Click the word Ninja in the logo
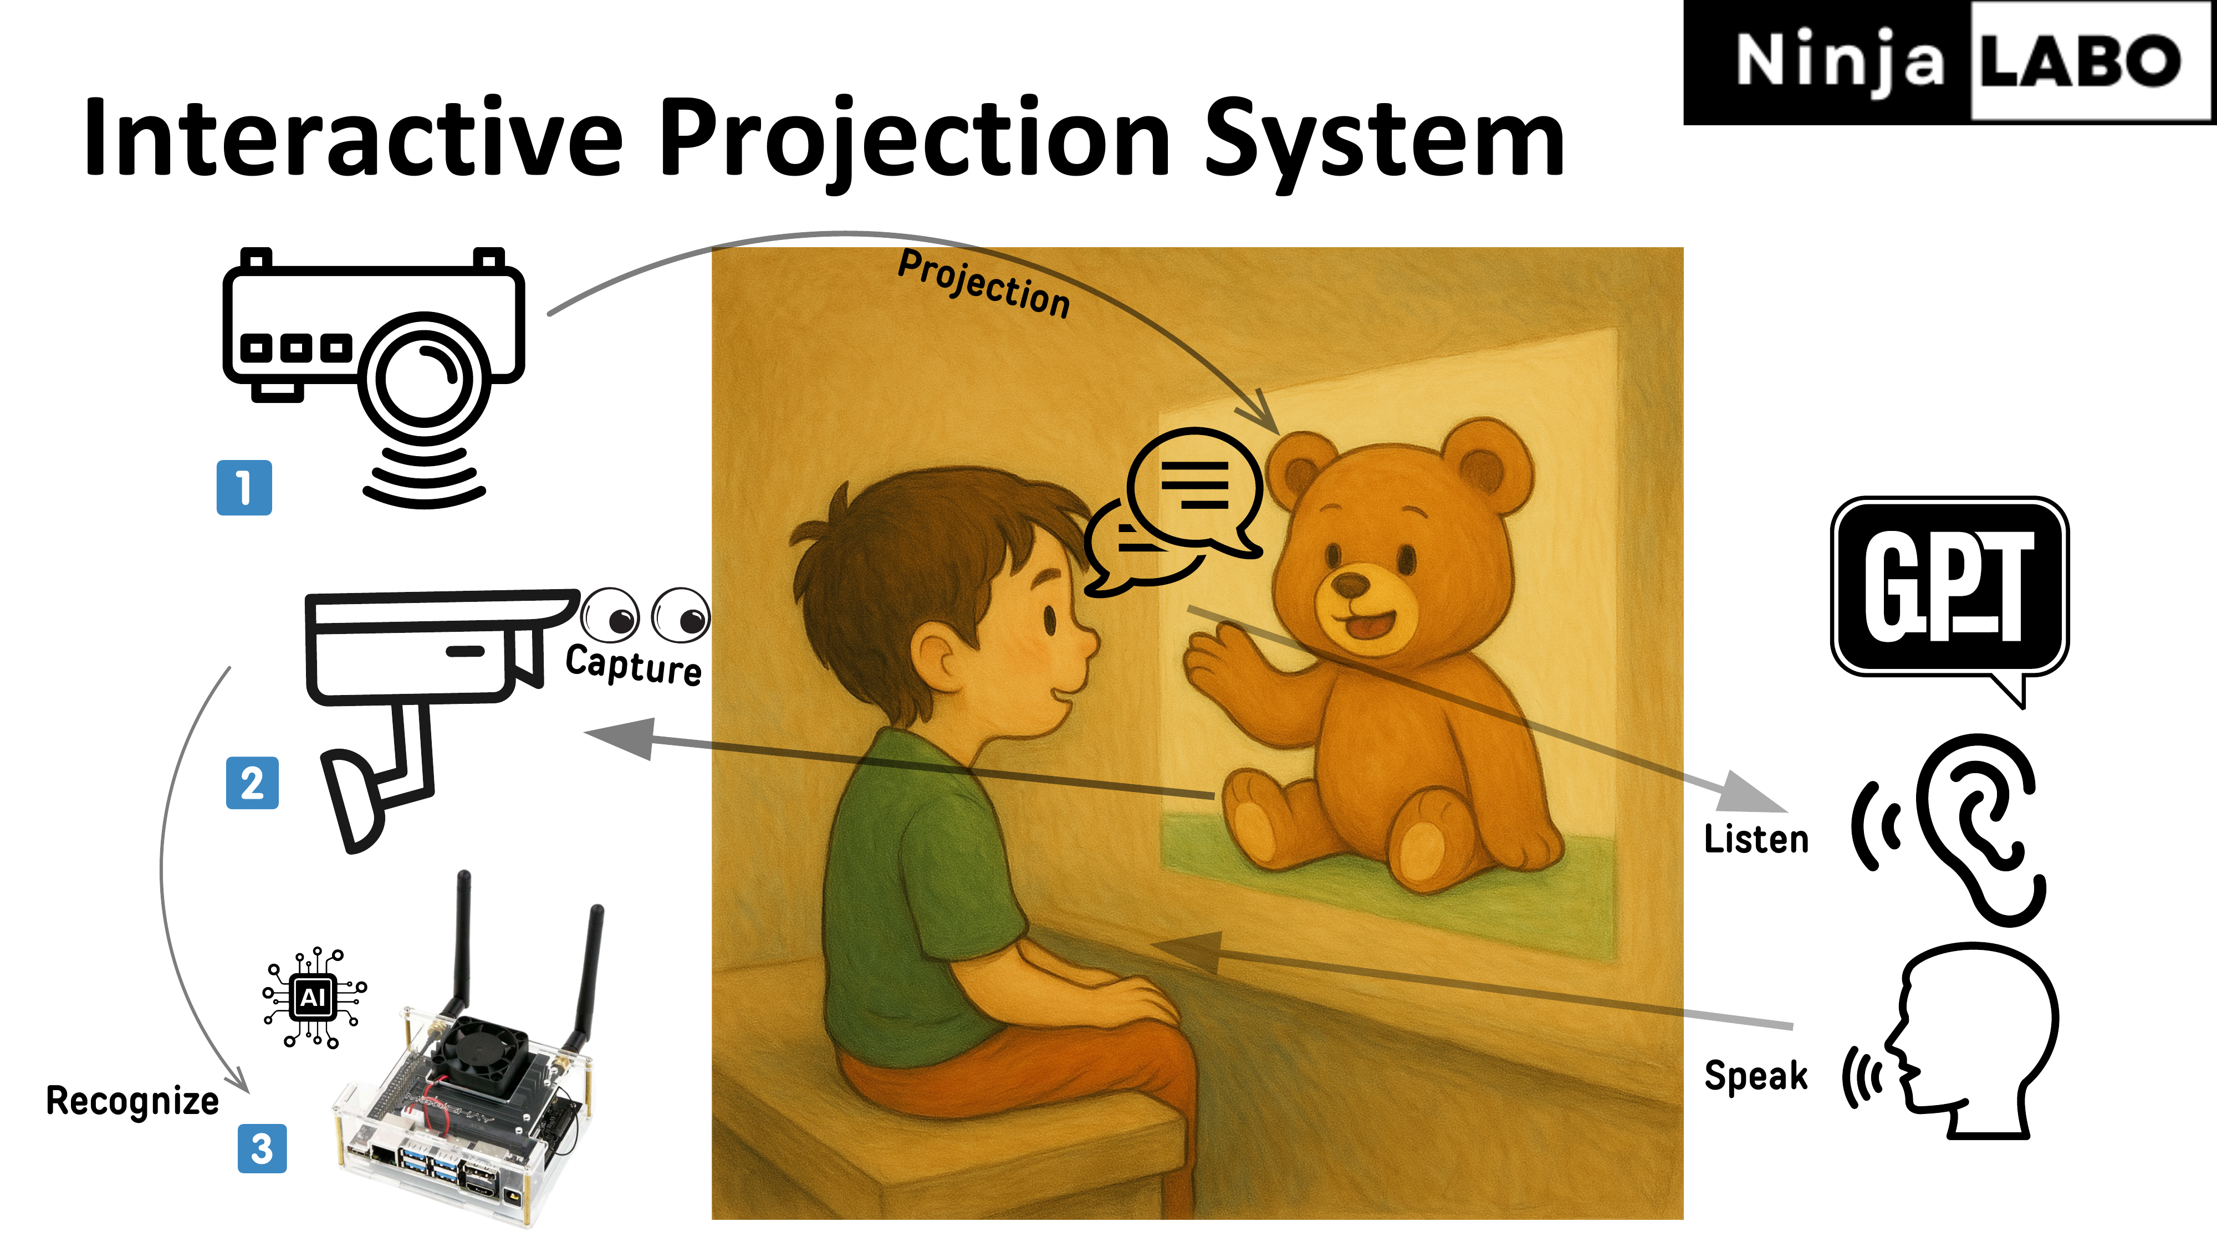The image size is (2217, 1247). pyautogui.click(x=1839, y=61)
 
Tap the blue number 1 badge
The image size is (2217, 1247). pyautogui.click(x=244, y=488)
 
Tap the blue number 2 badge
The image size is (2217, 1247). pyautogui.click(x=252, y=783)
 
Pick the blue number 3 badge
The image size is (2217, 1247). pyautogui.click(x=262, y=1149)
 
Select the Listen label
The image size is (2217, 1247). pyautogui.click(x=1756, y=839)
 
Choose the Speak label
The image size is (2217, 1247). pyautogui.click(x=1756, y=1076)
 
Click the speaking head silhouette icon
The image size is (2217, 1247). pyautogui.click(x=1971, y=1041)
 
